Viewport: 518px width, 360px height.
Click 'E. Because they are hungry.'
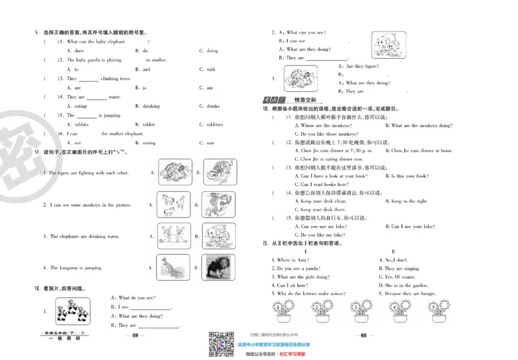point(411,293)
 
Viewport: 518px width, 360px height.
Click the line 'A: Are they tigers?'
point(359,66)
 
